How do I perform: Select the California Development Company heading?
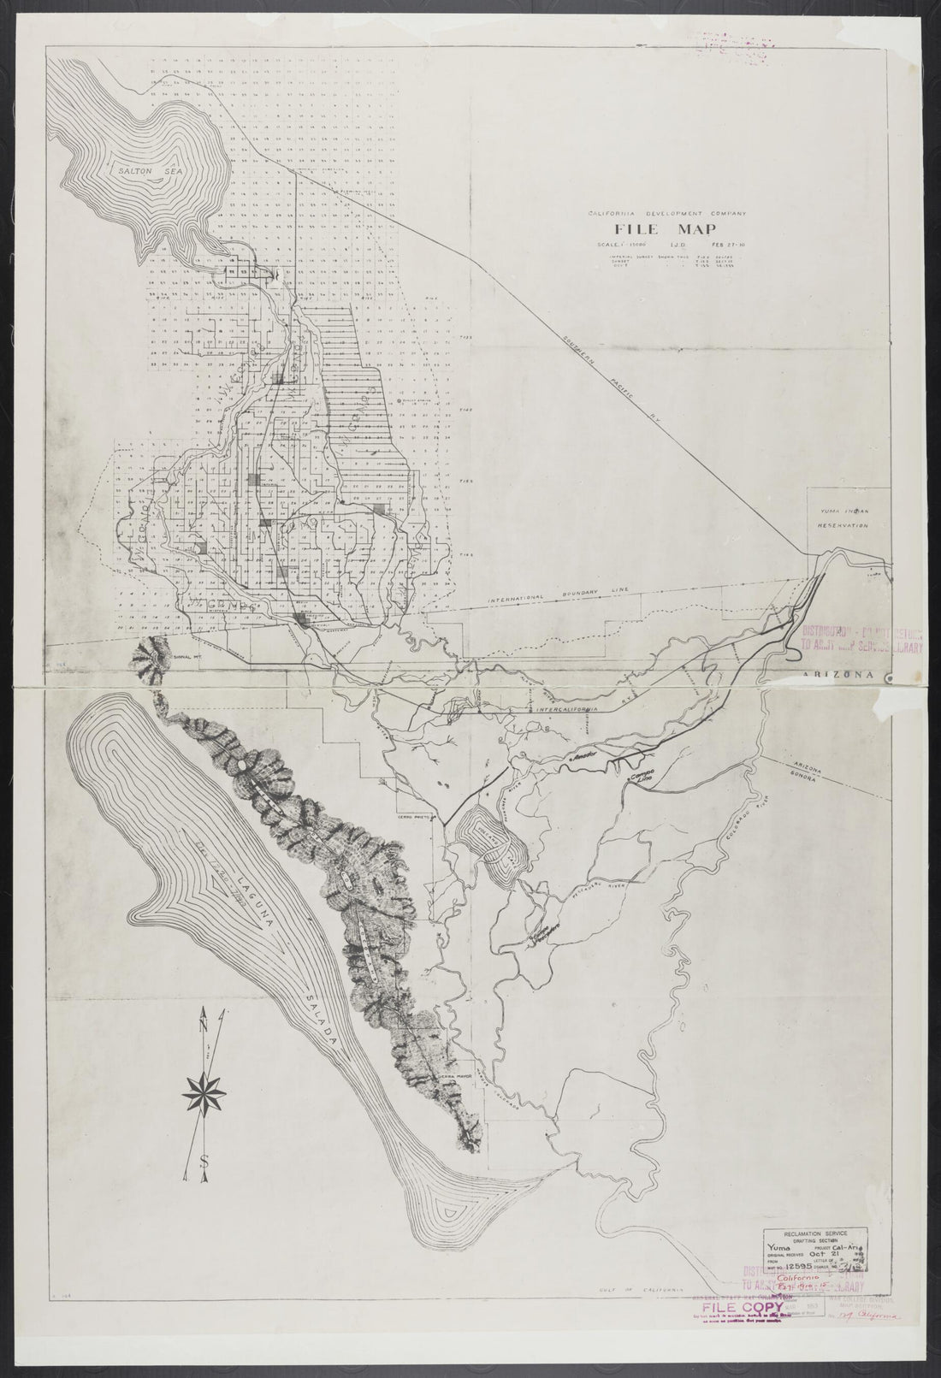pyautogui.click(x=666, y=212)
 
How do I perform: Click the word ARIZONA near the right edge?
pyautogui.click(x=839, y=674)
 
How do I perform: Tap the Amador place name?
pyautogui.click(x=582, y=758)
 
